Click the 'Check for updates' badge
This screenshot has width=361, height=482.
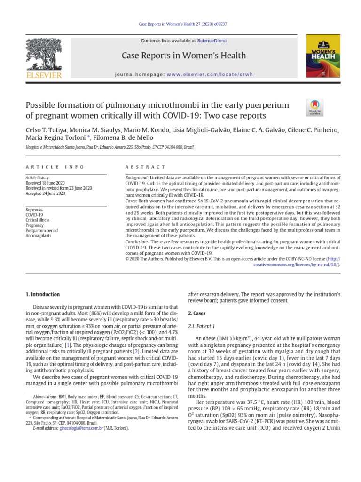[314, 107]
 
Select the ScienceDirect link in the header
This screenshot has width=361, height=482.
[211, 41]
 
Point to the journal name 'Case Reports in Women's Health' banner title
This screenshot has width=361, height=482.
[184, 56]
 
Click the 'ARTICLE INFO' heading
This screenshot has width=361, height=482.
[55, 167]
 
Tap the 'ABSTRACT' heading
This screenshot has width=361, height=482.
[145, 167]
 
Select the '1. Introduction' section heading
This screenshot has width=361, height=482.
[42, 294]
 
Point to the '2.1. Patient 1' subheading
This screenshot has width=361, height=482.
[201, 326]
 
